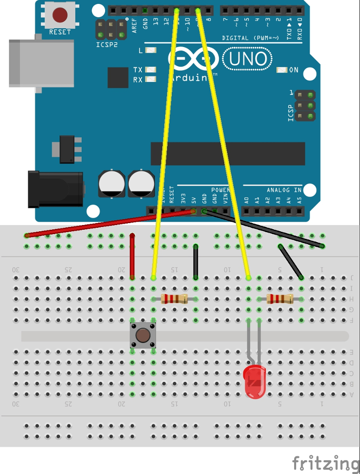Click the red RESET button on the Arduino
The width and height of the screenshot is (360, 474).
coord(60,15)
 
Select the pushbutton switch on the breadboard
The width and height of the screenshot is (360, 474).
coord(143,335)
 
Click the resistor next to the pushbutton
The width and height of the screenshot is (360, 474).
coord(174,299)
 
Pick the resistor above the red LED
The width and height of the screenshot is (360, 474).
coord(280,299)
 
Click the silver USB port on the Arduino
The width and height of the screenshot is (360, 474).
coord(41,63)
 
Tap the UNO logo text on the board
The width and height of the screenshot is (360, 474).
coord(248,59)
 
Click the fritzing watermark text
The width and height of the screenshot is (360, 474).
coord(325,463)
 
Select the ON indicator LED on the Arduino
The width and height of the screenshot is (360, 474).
coord(282,70)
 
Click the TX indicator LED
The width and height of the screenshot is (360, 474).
coord(151,70)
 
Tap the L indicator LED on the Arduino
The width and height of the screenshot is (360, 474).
coord(151,50)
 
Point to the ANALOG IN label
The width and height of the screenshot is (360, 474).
coord(284,190)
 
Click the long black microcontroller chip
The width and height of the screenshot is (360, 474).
coord(228,154)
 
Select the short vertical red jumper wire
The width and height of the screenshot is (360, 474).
coord(132,256)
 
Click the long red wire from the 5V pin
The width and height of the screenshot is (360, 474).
coord(110,223)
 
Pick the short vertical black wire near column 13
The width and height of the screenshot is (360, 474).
coord(196,261)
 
